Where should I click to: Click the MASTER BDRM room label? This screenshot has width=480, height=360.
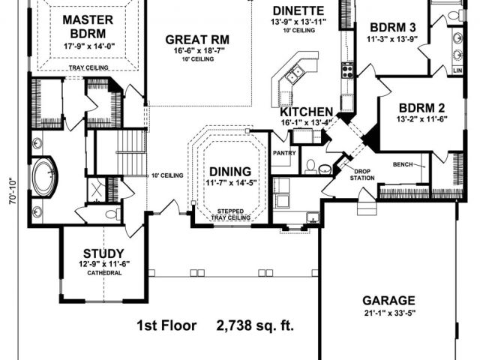(x=88, y=27)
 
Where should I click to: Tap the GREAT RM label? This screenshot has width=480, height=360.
(x=197, y=40)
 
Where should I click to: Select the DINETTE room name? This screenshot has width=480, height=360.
(x=298, y=10)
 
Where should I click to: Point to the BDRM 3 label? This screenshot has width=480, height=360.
(x=393, y=27)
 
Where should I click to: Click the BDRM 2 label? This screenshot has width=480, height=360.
(x=421, y=108)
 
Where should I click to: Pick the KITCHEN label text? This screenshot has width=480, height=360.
(x=307, y=112)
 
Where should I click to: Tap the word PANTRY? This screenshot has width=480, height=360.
(x=284, y=153)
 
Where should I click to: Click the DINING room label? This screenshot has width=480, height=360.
(x=230, y=172)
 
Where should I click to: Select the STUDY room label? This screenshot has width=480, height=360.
(x=103, y=253)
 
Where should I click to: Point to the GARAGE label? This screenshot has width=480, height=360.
(x=388, y=301)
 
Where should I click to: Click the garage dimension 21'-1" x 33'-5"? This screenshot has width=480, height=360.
(x=388, y=313)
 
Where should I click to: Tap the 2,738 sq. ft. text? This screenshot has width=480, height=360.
(x=255, y=325)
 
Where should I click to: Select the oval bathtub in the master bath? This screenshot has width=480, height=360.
(x=45, y=178)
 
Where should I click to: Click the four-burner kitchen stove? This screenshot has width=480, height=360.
(x=347, y=70)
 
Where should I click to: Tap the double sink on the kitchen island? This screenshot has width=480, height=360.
(x=295, y=74)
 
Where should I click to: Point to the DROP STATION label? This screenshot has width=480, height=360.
(x=362, y=175)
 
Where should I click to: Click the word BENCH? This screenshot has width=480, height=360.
(x=403, y=165)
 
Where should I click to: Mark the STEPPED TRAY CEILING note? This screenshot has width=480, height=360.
(x=231, y=214)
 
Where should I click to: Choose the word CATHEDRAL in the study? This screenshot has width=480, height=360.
(x=105, y=273)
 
